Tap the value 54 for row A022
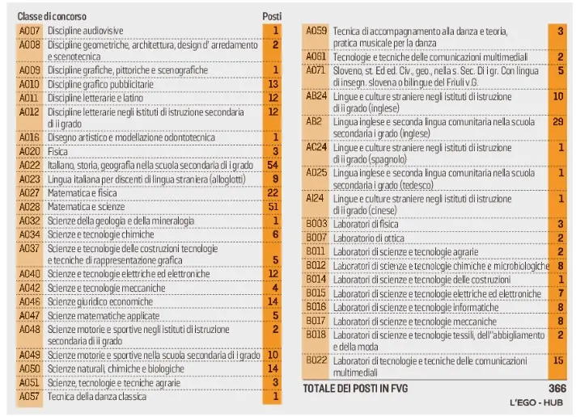[x=273, y=165]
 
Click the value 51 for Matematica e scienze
[x=273, y=206]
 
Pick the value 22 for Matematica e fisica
[x=273, y=192]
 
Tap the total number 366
[x=554, y=388]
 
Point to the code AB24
[x=316, y=95]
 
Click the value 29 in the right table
[x=557, y=121]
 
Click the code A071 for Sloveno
[x=316, y=69]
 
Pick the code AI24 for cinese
[x=316, y=197]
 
